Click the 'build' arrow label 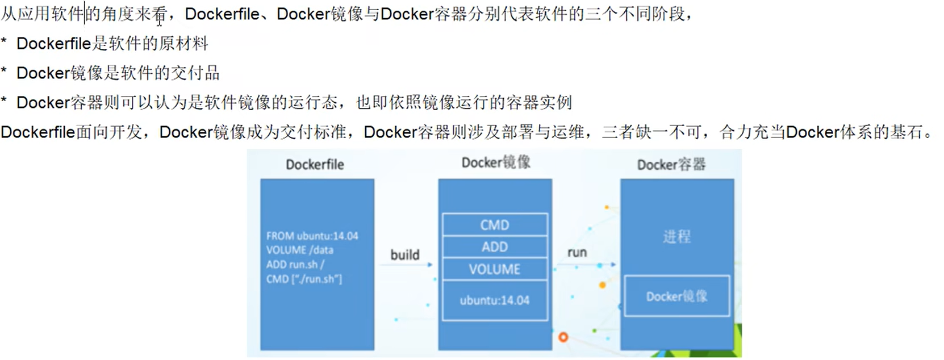[x=404, y=255]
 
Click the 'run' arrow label [x=577, y=253]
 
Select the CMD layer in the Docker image [x=495, y=225]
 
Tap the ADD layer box [x=495, y=247]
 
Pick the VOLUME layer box [x=495, y=269]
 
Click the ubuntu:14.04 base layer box [x=495, y=300]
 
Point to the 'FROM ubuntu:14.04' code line [x=312, y=236]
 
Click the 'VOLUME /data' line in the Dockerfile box [x=299, y=250]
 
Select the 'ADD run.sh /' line [x=295, y=265]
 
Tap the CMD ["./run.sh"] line [x=304, y=279]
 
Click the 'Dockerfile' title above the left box [x=315, y=165]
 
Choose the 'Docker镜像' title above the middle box [x=496, y=163]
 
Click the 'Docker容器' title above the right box [x=671, y=165]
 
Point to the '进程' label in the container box [x=676, y=236]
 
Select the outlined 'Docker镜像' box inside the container [x=676, y=296]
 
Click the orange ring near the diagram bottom [x=563, y=337]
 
